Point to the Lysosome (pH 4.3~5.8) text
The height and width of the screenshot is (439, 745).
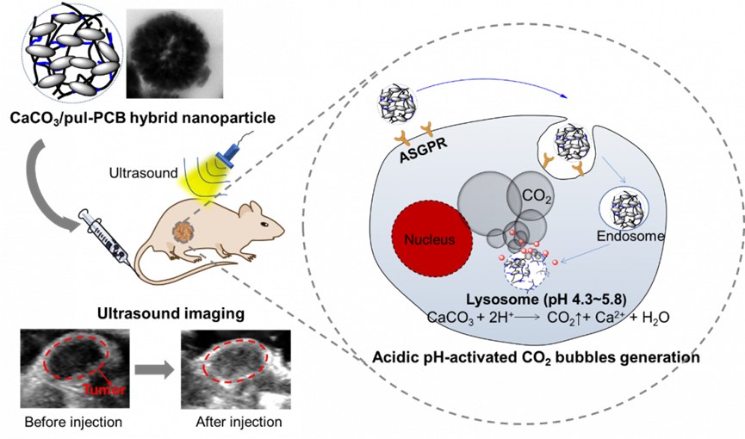545,300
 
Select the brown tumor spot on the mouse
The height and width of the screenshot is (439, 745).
183,232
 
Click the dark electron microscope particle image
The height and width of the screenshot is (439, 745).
175,53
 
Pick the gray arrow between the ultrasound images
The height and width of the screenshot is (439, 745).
154,370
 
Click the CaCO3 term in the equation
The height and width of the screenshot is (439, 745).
447,317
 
